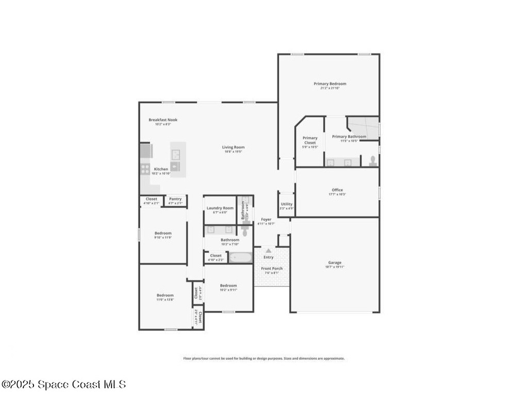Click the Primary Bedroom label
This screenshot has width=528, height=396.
(330, 84)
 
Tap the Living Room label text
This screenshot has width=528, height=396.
(233, 147)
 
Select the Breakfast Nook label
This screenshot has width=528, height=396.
(163, 120)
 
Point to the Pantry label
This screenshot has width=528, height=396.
(175, 199)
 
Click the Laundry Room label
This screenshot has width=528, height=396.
(220, 208)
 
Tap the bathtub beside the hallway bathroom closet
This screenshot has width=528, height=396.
(240, 257)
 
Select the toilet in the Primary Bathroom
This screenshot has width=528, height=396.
(373, 161)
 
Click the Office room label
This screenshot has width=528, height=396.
(337, 190)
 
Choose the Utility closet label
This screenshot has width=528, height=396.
(287, 204)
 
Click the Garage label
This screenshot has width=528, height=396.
(335, 262)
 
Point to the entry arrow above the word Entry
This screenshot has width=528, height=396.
(268, 251)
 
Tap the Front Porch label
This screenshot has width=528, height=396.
(271, 269)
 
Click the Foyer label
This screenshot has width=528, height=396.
(266, 220)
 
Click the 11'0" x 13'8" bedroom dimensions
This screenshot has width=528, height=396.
(165, 300)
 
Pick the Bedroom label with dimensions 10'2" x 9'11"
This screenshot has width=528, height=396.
(228, 286)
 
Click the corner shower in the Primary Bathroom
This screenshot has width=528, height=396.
(364, 126)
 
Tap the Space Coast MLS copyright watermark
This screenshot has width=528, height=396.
(63, 384)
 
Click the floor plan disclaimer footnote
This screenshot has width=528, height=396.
(264, 358)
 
